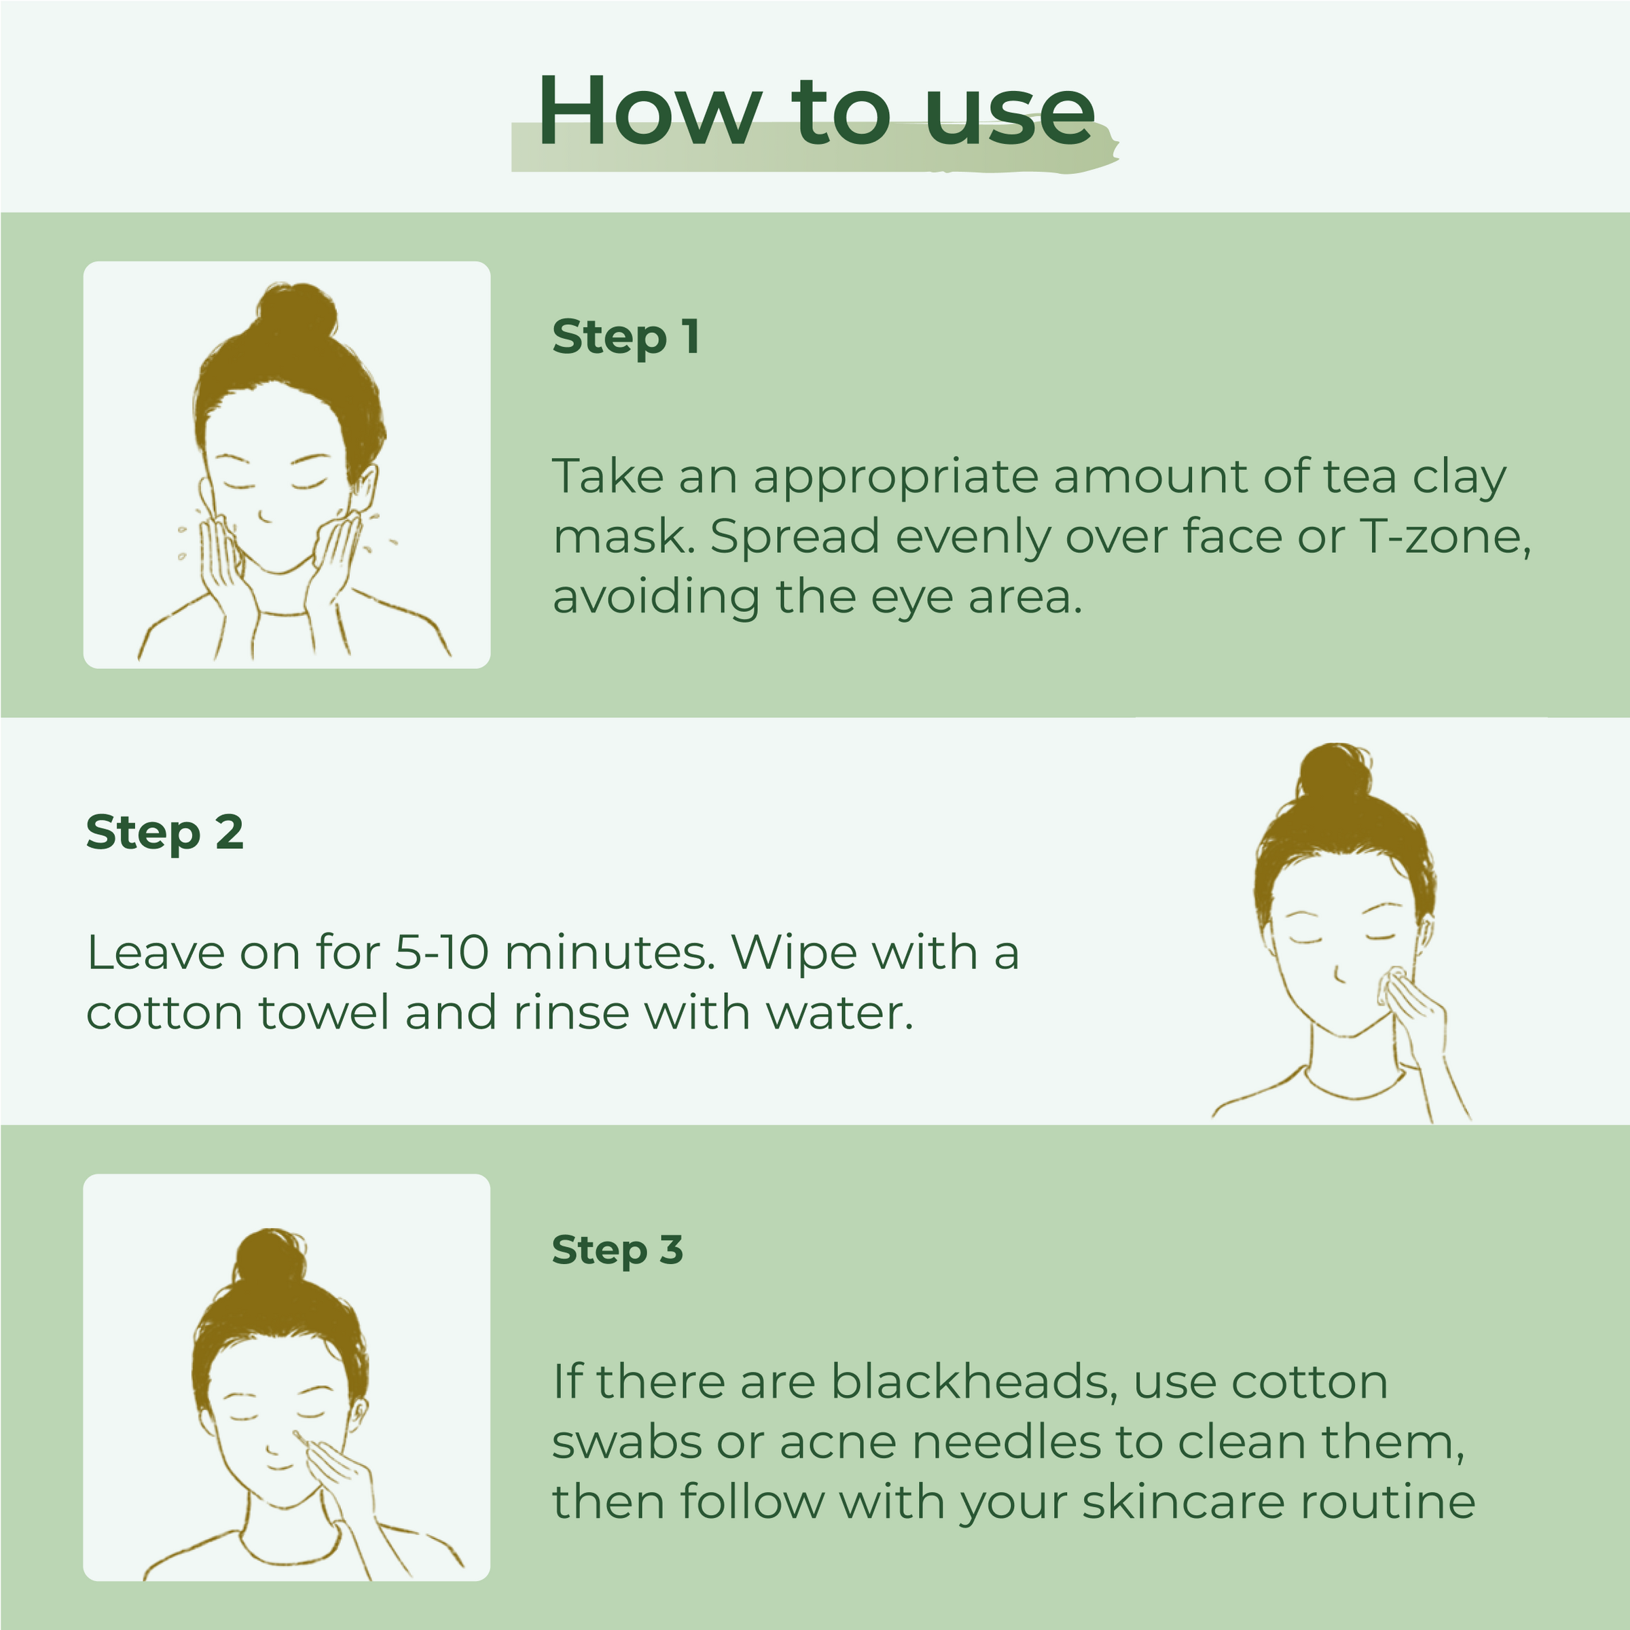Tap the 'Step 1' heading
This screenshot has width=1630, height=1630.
click(x=625, y=337)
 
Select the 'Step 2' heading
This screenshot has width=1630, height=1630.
click(x=164, y=833)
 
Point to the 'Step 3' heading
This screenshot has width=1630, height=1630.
click(x=617, y=1250)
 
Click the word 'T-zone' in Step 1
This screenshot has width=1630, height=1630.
click(x=1443, y=537)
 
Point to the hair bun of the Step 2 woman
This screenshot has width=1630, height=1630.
click(x=1335, y=771)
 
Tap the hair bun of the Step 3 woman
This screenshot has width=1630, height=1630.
click(x=270, y=1257)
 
